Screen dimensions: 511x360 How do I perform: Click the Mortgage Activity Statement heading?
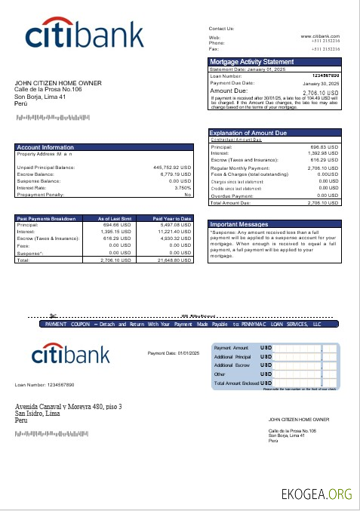tap(251, 61)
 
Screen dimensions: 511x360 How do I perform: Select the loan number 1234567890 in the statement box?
tap(325, 75)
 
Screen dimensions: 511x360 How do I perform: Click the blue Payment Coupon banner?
tap(183, 324)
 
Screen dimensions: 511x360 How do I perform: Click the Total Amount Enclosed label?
tap(236, 383)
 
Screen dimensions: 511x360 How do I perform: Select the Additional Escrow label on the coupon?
tap(232, 365)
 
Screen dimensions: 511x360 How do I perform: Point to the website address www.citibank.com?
tap(320, 36)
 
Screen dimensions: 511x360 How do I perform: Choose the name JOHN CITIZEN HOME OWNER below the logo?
tap(58, 83)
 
